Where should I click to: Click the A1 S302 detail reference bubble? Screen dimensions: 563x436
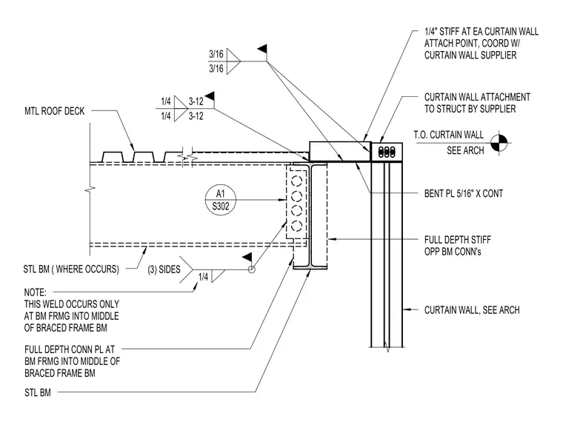point(221,200)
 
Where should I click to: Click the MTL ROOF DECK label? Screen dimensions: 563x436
point(55,111)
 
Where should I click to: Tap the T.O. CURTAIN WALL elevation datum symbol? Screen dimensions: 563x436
point(499,143)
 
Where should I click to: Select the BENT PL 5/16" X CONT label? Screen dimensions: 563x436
point(464,194)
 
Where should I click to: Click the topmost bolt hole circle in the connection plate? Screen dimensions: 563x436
point(296,181)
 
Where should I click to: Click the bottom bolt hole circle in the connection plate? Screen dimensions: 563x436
point(296,226)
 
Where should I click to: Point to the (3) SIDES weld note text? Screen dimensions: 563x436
point(164,269)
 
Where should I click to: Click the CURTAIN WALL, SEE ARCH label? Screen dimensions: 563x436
point(472,310)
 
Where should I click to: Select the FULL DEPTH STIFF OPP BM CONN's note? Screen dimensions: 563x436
point(458,246)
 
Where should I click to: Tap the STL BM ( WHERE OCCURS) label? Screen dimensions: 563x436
point(71,269)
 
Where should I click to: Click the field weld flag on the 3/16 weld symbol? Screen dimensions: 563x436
point(262,49)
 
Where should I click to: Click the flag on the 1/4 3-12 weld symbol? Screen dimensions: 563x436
point(210,95)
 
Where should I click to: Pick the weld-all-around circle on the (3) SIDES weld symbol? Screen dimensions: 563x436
point(252,269)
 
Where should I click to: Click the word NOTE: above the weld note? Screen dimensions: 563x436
point(36,292)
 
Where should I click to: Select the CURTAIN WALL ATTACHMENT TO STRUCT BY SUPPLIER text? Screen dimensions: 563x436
point(477,103)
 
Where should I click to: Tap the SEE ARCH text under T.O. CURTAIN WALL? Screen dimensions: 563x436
point(465,150)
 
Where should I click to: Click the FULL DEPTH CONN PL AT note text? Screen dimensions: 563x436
point(70,349)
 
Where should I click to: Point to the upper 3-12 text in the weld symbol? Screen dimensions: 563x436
point(196,101)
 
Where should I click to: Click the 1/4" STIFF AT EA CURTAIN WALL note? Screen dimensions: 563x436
point(481,44)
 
